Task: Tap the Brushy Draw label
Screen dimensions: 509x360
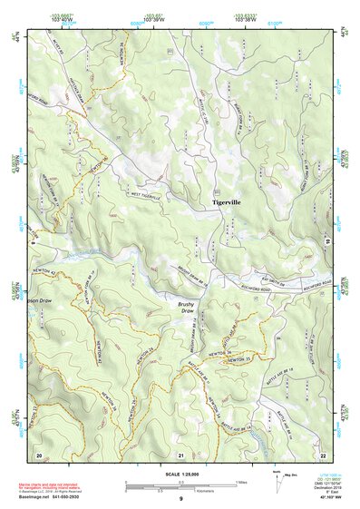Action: [x=187, y=308]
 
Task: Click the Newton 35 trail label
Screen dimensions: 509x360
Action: [x=240, y=362]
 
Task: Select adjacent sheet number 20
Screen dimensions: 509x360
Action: [x=39, y=453]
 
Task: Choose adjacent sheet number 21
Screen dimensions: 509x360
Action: [x=180, y=454]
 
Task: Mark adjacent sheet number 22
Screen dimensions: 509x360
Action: [x=323, y=454]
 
